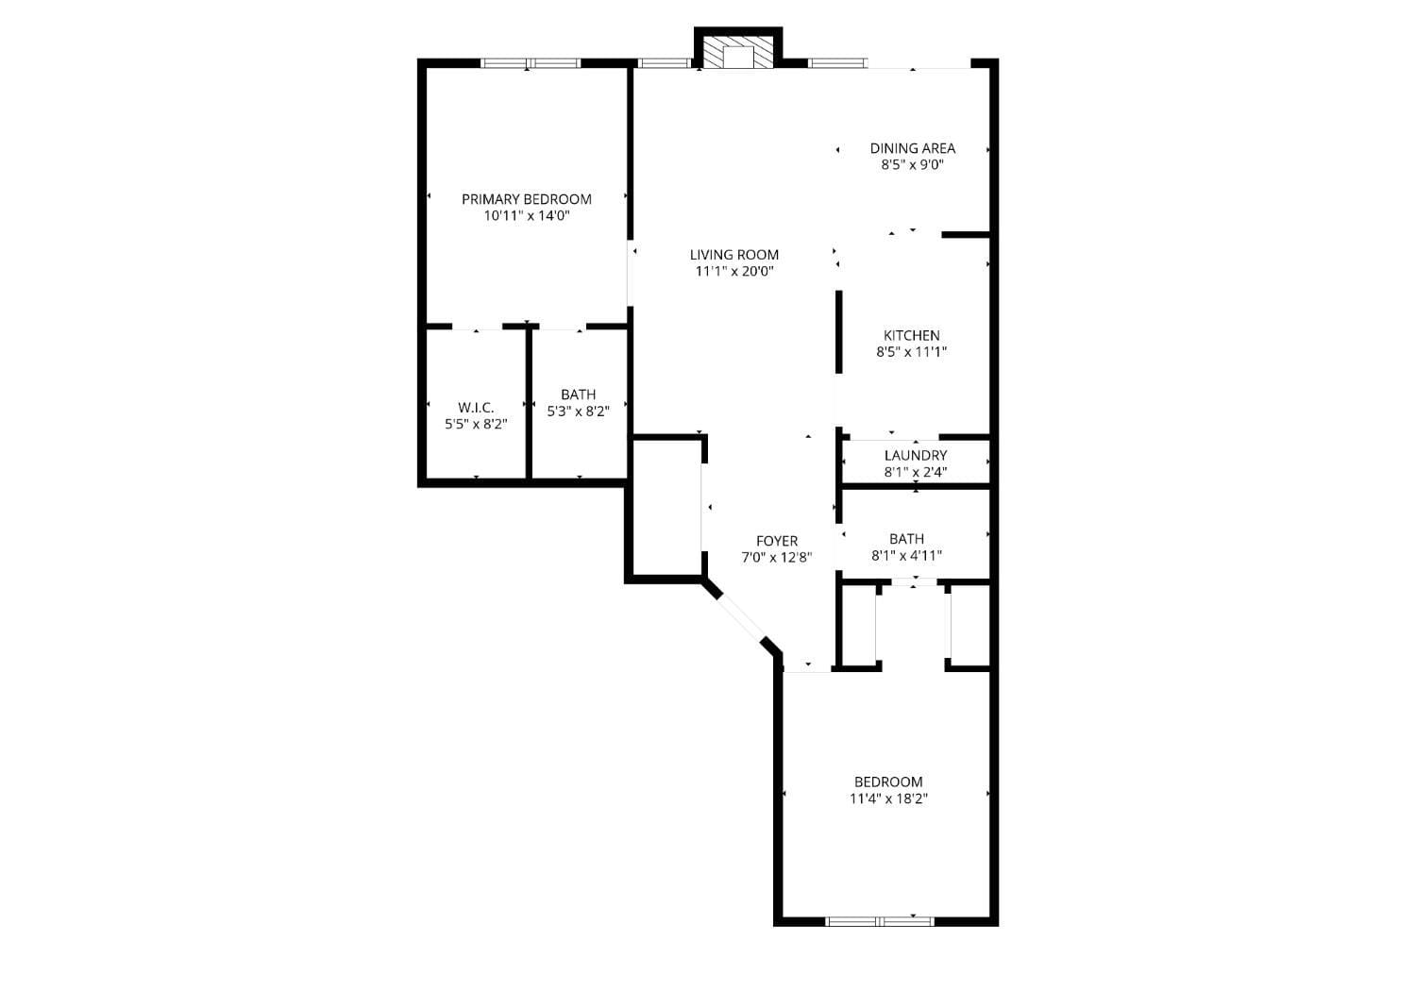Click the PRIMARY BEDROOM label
pos(526,199)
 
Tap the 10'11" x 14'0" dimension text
pos(526,216)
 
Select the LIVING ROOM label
pos(733,255)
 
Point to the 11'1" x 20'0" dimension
pos(733,272)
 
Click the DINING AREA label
pos(912,148)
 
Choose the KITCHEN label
pos(911,335)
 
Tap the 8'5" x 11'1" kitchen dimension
pos(911,352)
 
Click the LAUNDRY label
pos(915,456)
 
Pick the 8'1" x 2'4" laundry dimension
pos(915,472)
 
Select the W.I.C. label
pos(476,408)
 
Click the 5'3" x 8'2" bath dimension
pos(578,412)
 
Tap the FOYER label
pos(776,541)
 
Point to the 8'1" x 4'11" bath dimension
pos(906,556)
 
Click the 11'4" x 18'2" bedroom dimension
pos(888,799)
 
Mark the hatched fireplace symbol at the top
pos(737,55)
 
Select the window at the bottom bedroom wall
pos(880,920)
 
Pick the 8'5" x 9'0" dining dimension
pos(912,164)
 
